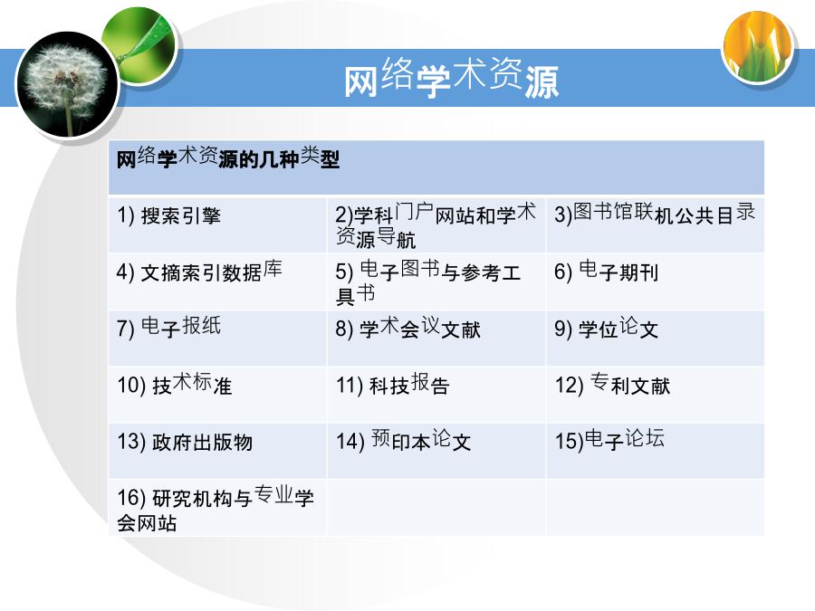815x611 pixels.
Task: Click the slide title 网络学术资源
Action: pyautogui.click(x=451, y=78)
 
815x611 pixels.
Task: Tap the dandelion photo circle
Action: pyautogui.click(x=68, y=85)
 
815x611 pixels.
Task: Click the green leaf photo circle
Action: pyautogui.click(x=139, y=44)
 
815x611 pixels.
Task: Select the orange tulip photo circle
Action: pyautogui.click(x=758, y=47)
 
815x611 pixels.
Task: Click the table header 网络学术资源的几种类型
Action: pyautogui.click(x=227, y=158)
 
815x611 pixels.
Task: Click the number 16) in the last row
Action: pyautogui.click(x=131, y=498)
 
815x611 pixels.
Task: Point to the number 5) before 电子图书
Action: pyautogui.click(x=344, y=272)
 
